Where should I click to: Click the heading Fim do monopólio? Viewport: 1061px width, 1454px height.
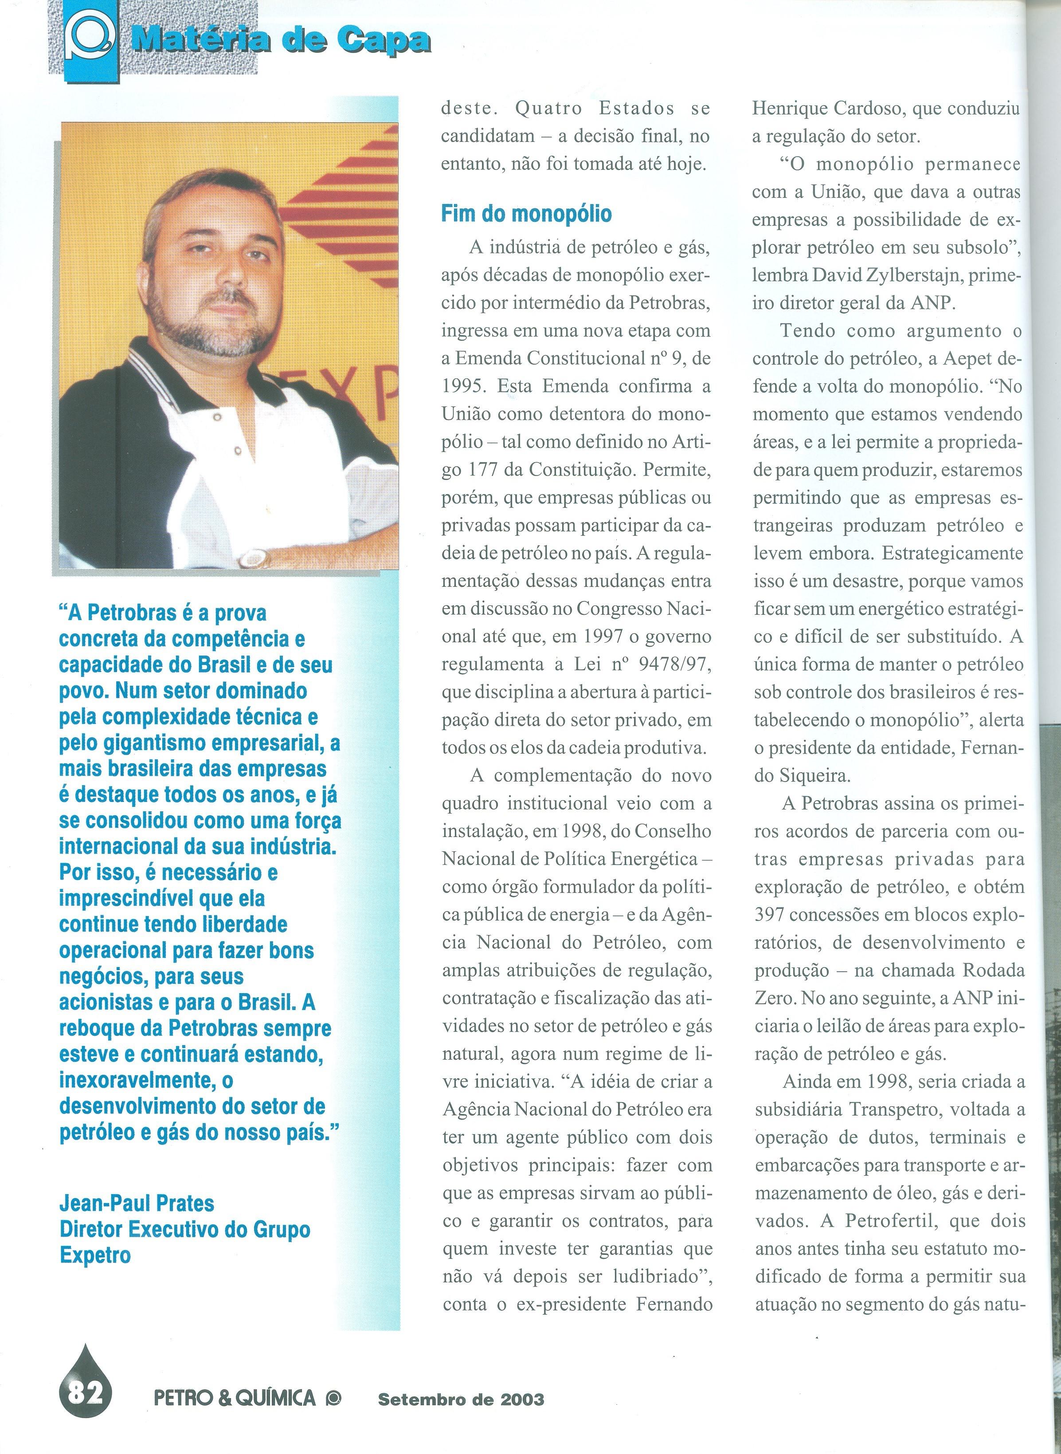pyautogui.click(x=526, y=214)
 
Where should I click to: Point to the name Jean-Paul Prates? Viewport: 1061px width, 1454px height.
pyautogui.click(x=137, y=1202)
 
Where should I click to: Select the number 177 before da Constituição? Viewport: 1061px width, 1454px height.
pyautogui.click(x=481, y=470)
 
